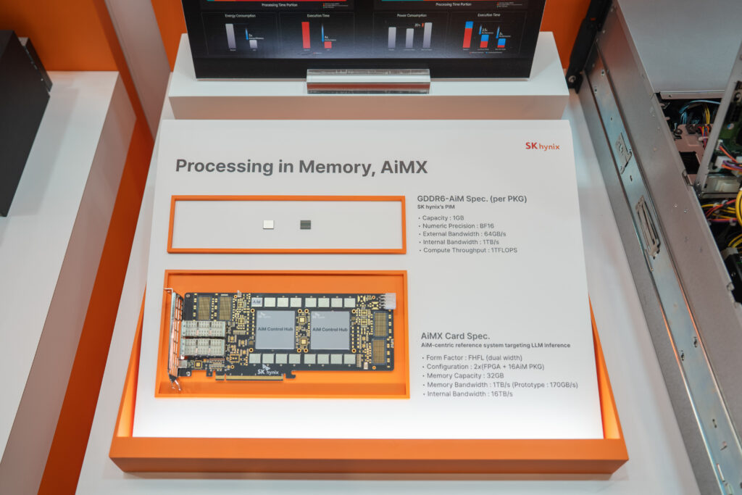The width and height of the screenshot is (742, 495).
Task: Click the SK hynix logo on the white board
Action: pyautogui.click(x=542, y=146)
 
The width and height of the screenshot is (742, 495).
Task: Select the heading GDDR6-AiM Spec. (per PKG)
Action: pyautogui.click(x=472, y=199)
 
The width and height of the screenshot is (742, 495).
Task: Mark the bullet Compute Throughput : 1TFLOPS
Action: pyautogui.click(x=468, y=250)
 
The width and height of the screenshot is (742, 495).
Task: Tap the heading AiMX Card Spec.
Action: pyautogui.click(x=455, y=336)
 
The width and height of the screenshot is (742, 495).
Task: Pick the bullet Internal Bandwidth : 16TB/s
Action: pyautogui.click(x=464, y=394)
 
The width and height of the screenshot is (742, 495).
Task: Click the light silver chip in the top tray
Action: pyautogui.click(x=268, y=225)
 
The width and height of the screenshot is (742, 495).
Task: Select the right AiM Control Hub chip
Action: pyautogui.click(x=330, y=329)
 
